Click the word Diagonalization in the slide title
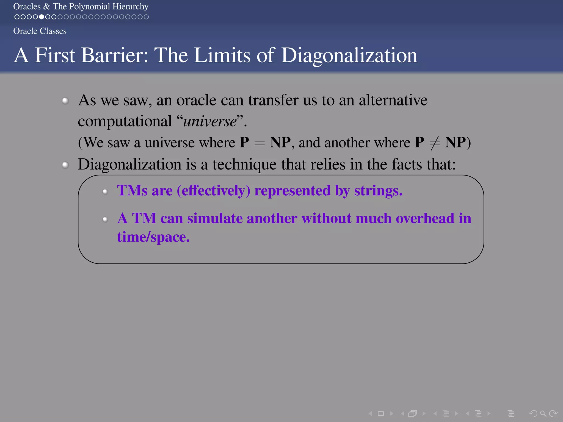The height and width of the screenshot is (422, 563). coord(349,55)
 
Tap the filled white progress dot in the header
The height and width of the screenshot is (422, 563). coord(41,17)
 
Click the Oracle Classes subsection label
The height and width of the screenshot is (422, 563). coord(40,31)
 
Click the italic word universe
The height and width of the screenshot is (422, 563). coord(210,121)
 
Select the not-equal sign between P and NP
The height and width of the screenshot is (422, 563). coord(434,143)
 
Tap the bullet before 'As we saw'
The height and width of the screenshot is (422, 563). coord(65,101)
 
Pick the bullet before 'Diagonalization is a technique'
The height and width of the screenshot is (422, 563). coord(65,165)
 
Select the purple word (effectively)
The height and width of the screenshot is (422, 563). coord(214,191)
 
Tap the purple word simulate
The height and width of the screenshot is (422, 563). coord(215,219)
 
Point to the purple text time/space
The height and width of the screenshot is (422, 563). coord(153,237)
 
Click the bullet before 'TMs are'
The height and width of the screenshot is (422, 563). coord(105,191)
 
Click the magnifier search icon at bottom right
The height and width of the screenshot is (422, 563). coord(543,413)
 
